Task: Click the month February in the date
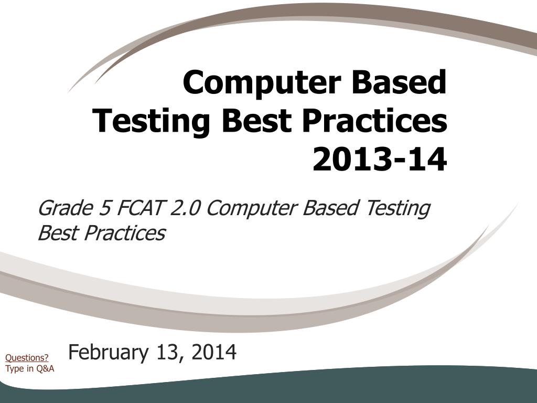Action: [108, 353]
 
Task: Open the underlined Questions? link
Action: [27, 358]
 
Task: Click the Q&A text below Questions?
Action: [45, 368]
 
